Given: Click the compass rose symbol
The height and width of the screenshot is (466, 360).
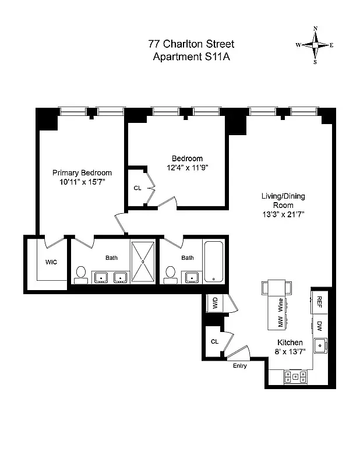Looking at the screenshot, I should [315, 45].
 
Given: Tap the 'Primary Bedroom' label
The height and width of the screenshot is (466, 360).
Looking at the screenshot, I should [82, 173].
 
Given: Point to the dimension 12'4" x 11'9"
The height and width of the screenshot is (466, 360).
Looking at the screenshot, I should [187, 168].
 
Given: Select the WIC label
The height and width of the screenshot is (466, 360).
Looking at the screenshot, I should [51, 262].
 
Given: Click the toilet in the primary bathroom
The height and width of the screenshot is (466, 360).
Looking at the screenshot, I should [81, 274].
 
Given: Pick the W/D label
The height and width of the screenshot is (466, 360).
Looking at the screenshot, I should [214, 303].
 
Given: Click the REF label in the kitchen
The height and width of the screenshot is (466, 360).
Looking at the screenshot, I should [320, 301].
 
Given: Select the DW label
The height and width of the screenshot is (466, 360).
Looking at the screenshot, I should [320, 325].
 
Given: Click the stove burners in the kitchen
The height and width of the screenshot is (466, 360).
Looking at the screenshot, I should [295, 376].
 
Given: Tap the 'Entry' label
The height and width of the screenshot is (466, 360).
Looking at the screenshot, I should [239, 366].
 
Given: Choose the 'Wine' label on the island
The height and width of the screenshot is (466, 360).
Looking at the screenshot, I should [281, 303].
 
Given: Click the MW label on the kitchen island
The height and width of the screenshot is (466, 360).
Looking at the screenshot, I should [280, 321].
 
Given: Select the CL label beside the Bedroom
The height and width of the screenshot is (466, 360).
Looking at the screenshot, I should [137, 188].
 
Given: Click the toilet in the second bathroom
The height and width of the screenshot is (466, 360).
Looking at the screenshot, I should [170, 274].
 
